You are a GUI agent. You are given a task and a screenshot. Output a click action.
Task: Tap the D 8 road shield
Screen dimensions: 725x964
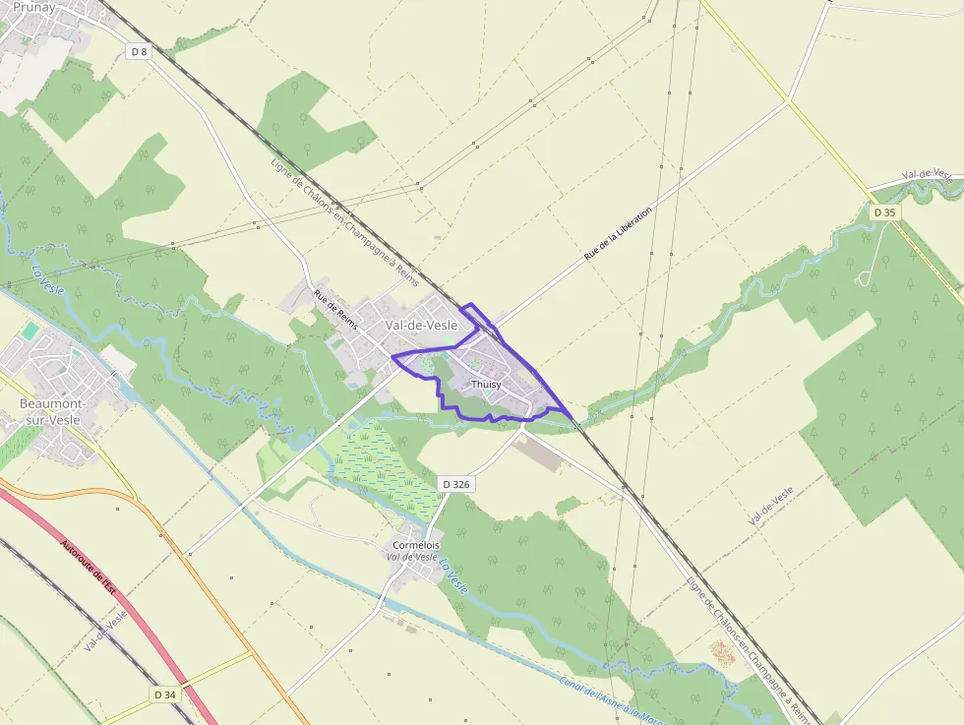pos(139,51)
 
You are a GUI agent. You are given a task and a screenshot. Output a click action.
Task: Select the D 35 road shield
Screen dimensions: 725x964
pos(884,212)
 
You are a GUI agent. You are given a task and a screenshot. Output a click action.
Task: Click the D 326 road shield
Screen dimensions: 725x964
pos(455,484)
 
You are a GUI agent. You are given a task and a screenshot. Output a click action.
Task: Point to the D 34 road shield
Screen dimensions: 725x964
pos(165,695)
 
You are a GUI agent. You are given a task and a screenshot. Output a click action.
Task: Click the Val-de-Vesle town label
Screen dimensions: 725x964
pos(421,326)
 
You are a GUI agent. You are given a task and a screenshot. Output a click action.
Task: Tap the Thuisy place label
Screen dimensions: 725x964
pos(487,384)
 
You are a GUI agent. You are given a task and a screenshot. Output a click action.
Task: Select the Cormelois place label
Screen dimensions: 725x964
pos(416,545)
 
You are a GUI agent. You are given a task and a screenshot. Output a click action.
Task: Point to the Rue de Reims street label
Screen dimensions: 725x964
pos(334,308)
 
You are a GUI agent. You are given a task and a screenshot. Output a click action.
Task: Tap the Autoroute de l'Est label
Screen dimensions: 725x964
pos(89,566)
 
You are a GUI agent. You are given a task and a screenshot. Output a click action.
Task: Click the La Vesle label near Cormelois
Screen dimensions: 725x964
pos(453,576)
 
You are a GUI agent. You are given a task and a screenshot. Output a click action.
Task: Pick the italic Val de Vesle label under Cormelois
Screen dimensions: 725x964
pos(412,557)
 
